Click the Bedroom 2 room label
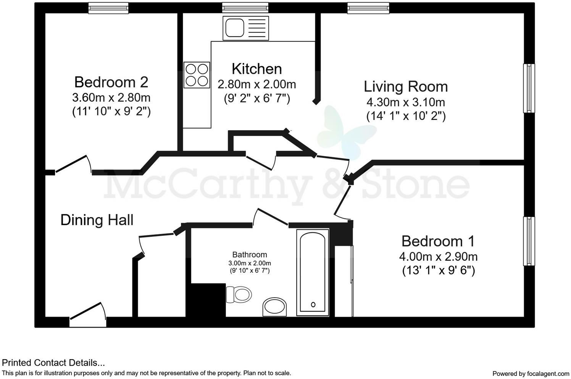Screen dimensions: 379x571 click(x=111, y=82)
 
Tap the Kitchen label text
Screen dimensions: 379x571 click(x=256, y=69)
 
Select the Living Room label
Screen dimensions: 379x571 click(x=405, y=86)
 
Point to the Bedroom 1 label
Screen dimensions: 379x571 click(x=438, y=241)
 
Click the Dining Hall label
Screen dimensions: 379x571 click(x=97, y=220)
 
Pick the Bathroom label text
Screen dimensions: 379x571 click(x=250, y=254)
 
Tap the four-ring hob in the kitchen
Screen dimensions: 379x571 click(x=197, y=75)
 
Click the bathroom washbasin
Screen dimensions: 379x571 click(x=274, y=307)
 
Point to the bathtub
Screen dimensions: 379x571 click(x=313, y=272)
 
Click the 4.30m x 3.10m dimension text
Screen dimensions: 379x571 click(x=405, y=102)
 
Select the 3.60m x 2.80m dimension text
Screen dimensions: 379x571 click(x=111, y=97)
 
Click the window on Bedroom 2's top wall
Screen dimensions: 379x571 click(x=108, y=8)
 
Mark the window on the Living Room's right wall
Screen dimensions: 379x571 click(x=529, y=88)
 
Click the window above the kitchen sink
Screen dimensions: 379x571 click(x=245, y=8)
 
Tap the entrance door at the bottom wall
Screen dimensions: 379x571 click(x=88, y=315)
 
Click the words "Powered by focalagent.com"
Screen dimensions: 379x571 click(x=531, y=373)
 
